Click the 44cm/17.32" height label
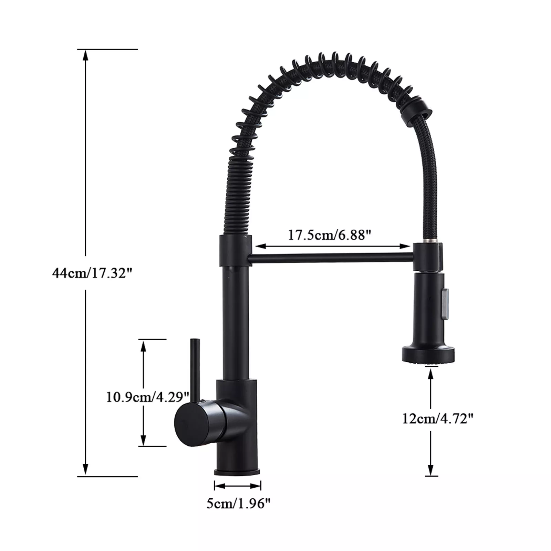click(92, 273)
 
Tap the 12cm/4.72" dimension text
click(438, 419)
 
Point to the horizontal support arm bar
click(331, 258)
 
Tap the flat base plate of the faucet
click(237, 471)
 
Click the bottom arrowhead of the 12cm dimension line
click(430, 470)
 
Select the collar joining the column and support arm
click(235, 251)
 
